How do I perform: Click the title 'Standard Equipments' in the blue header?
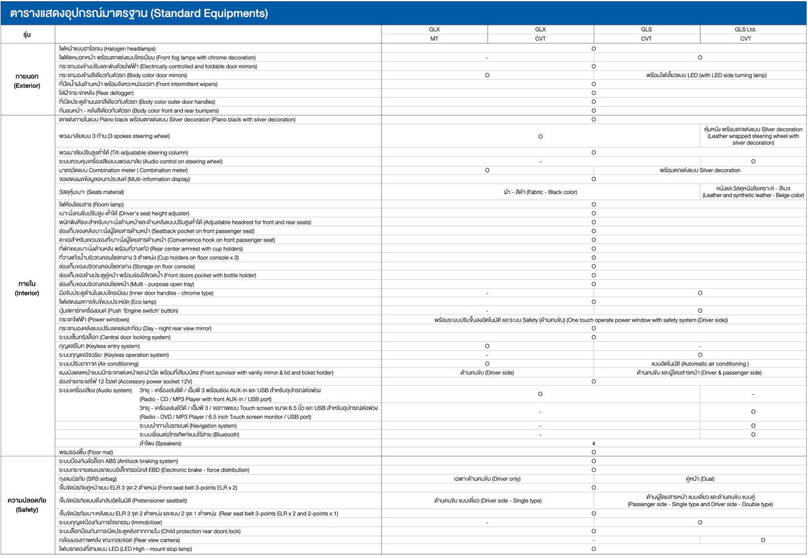(210, 13)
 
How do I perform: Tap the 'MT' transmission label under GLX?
(434, 38)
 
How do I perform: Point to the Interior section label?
(27, 288)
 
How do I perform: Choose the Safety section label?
(27, 504)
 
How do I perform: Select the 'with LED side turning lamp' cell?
(706, 75)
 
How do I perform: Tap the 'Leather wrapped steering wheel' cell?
(753, 136)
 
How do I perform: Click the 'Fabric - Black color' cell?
(540, 192)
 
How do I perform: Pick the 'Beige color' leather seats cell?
(753, 192)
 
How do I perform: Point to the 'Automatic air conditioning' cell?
(700, 363)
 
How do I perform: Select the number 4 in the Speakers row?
(593, 443)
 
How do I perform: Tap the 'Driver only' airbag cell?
(487, 478)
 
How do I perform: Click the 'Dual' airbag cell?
(700, 478)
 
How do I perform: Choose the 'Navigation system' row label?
(187, 425)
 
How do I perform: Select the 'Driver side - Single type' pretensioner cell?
(487, 501)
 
